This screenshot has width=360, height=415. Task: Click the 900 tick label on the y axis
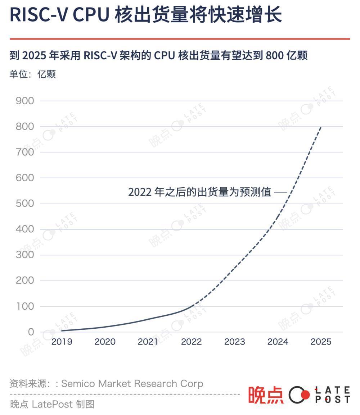click(x=25, y=101)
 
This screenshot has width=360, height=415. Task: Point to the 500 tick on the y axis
click(x=25, y=204)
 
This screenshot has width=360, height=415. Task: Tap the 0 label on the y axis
click(x=31, y=332)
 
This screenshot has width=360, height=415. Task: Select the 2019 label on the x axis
click(x=62, y=342)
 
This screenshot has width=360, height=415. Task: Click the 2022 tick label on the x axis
click(x=191, y=342)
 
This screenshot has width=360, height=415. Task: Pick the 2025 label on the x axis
click(x=321, y=342)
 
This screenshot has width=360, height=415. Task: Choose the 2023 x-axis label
click(x=234, y=342)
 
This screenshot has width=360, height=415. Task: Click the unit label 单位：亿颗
click(x=32, y=74)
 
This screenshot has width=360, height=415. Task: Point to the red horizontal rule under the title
click(x=180, y=38)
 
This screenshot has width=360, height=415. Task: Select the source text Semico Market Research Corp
click(x=132, y=384)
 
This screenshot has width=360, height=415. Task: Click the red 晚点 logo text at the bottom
click(x=266, y=395)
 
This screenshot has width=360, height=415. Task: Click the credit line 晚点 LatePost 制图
click(x=52, y=404)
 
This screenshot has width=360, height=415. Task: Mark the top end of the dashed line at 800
click(x=320, y=127)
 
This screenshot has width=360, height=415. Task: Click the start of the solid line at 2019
click(x=62, y=331)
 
